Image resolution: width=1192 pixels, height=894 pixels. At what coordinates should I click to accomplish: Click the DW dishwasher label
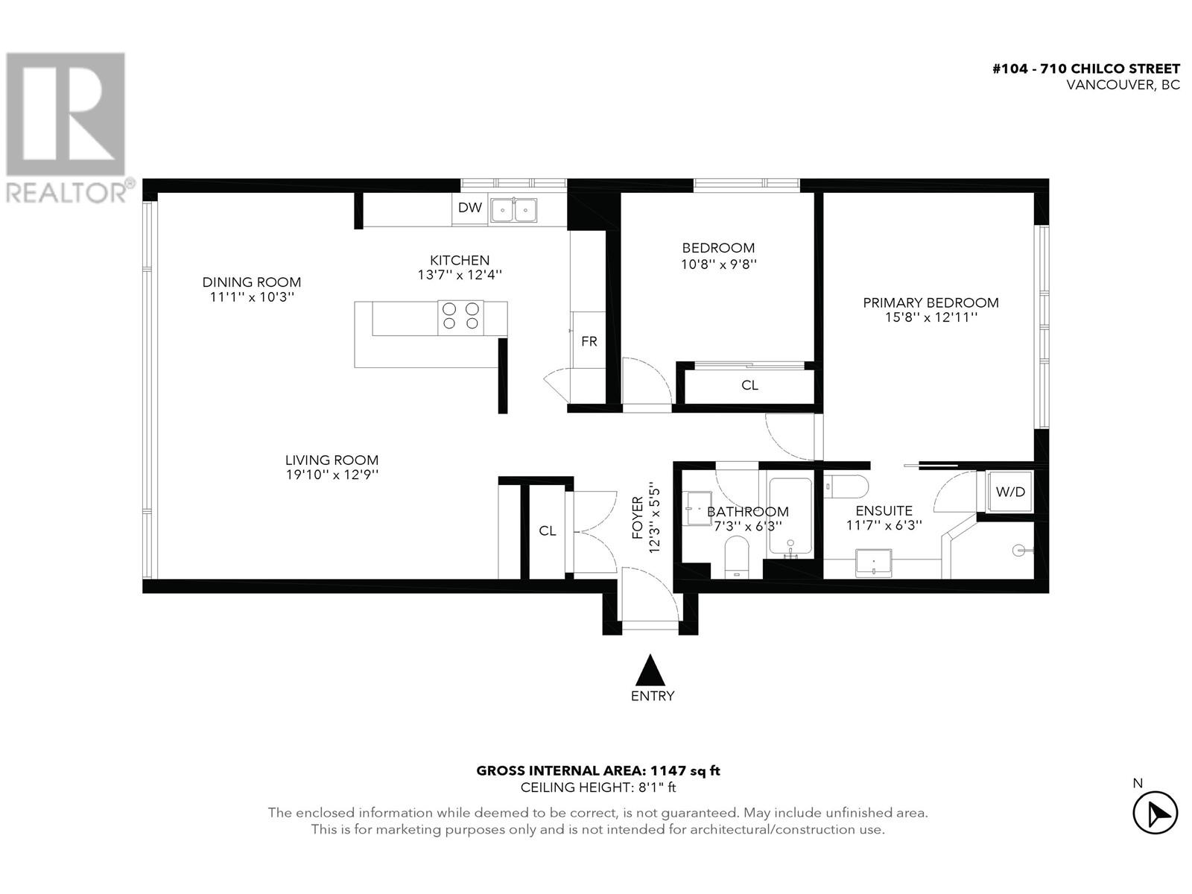click(469, 208)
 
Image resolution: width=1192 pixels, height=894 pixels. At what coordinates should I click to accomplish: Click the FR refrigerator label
click(589, 342)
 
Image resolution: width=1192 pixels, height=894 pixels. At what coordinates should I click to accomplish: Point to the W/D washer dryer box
click(1010, 492)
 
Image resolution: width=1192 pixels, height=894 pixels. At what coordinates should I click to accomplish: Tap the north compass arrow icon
click(1155, 813)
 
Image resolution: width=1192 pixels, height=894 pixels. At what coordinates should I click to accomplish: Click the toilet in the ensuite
click(847, 486)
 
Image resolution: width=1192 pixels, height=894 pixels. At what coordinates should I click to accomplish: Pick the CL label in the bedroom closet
click(749, 385)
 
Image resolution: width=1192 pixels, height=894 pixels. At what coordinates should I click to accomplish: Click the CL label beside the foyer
click(548, 530)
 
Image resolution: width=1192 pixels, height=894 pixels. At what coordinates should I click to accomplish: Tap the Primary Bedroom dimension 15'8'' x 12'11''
click(931, 317)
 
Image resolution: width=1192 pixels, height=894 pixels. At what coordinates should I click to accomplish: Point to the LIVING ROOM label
click(332, 460)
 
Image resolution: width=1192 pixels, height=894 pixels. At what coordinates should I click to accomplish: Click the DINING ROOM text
click(252, 282)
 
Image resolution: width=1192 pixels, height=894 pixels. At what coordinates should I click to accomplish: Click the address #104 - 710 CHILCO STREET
click(1086, 69)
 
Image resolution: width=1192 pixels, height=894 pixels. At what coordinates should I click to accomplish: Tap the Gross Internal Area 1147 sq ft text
click(598, 771)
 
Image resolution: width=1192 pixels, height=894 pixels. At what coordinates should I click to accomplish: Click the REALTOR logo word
click(67, 192)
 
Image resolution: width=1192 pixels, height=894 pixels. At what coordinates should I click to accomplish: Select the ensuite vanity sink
click(874, 562)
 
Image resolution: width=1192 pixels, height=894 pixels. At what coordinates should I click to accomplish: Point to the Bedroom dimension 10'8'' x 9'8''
click(718, 263)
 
